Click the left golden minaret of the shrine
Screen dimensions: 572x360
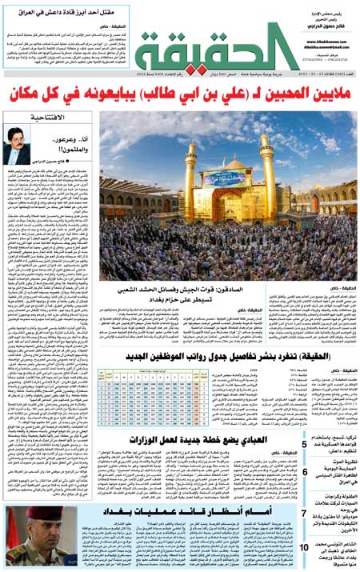point(190,171)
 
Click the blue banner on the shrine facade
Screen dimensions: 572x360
point(226,178)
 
